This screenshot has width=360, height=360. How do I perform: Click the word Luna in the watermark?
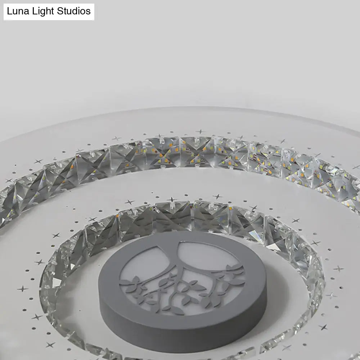click(17, 11)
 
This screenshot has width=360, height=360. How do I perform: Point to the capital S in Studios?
click(59, 11)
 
